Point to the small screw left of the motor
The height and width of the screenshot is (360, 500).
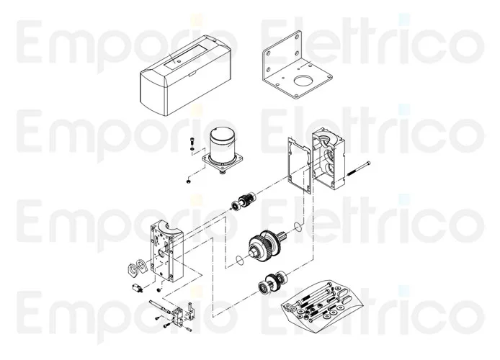(192, 143)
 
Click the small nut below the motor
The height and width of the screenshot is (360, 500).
(187, 179)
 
